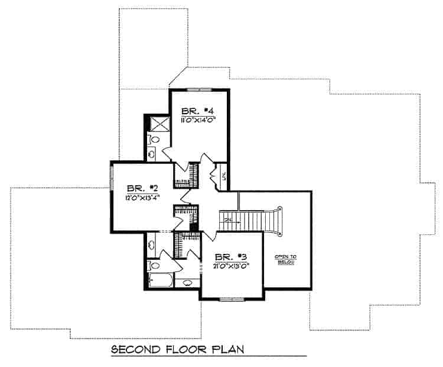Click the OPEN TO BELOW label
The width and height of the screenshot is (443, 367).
click(x=285, y=259)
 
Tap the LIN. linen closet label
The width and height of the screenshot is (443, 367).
click(x=223, y=175)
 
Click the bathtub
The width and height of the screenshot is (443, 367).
click(x=160, y=281)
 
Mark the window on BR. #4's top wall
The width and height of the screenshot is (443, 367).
click(x=200, y=89)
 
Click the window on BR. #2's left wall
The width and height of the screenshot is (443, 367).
click(x=111, y=179)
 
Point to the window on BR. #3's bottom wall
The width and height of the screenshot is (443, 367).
click(x=232, y=299)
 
